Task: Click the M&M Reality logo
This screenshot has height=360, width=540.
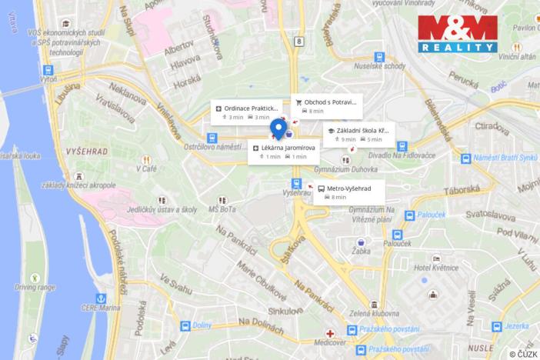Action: pyautogui.click(x=457, y=35)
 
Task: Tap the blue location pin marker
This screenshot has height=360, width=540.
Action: pyautogui.click(x=280, y=128)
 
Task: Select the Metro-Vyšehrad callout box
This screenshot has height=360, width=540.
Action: pyautogui.click(x=349, y=192)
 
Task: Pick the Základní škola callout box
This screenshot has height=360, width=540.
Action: pyautogui.click(x=358, y=135)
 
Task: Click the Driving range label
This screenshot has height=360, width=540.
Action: pyautogui.click(x=36, y=286)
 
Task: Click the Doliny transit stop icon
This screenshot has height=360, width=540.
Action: pyautogui.click(x=185, y=326)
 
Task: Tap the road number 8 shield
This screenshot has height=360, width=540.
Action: pyautogui.click(x=297, y=42)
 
